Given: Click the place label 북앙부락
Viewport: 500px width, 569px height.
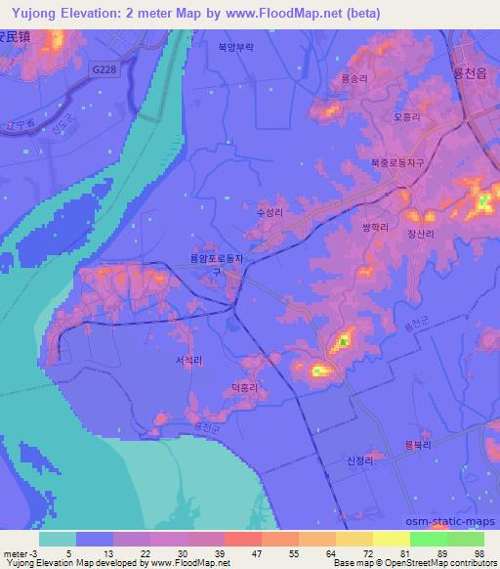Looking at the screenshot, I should [235, 46].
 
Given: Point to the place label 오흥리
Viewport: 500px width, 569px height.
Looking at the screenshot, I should [405, 115].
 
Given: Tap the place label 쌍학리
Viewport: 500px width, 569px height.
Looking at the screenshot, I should [375, 226].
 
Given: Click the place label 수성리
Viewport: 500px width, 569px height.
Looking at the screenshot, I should [269, 210].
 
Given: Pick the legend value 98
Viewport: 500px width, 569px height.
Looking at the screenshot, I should [479, 552].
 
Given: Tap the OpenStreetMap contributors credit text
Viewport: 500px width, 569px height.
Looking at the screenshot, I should [420, 563].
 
